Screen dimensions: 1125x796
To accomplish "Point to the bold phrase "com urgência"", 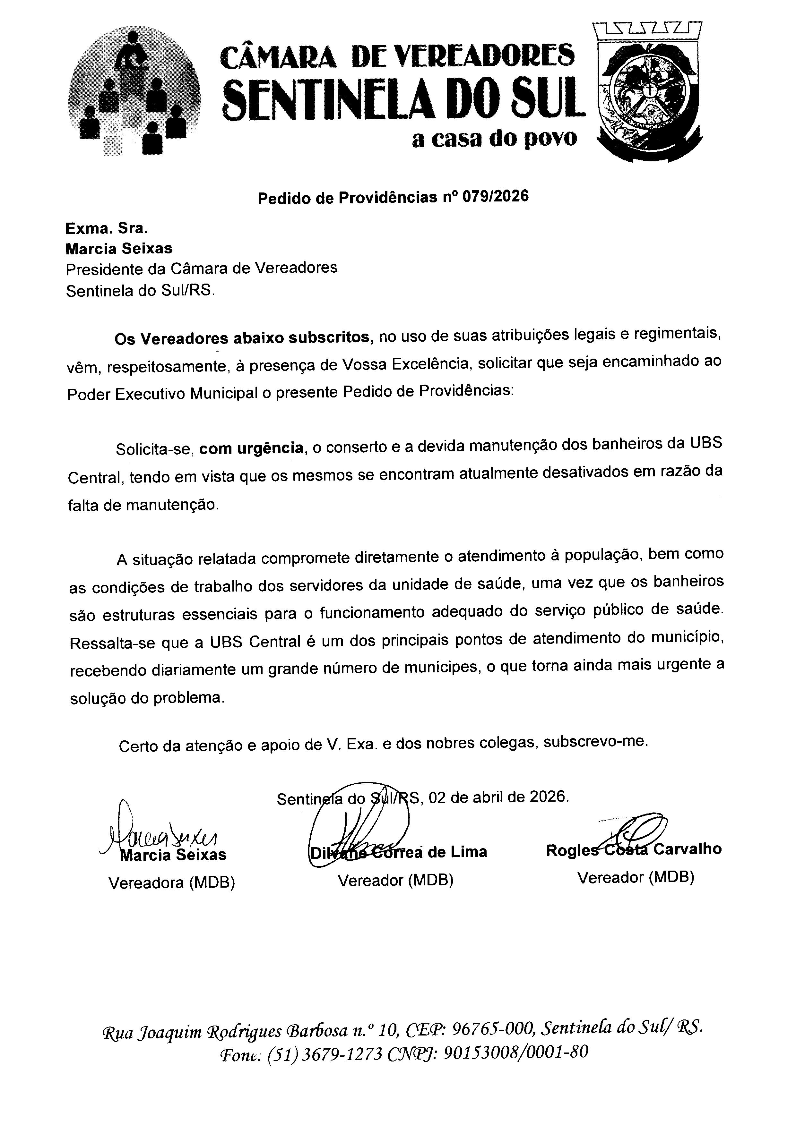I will (x=251, y=448).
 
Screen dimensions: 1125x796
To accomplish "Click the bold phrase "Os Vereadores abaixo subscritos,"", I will (x=244, y=338).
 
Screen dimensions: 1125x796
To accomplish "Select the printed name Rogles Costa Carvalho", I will (x=633, y=850).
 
